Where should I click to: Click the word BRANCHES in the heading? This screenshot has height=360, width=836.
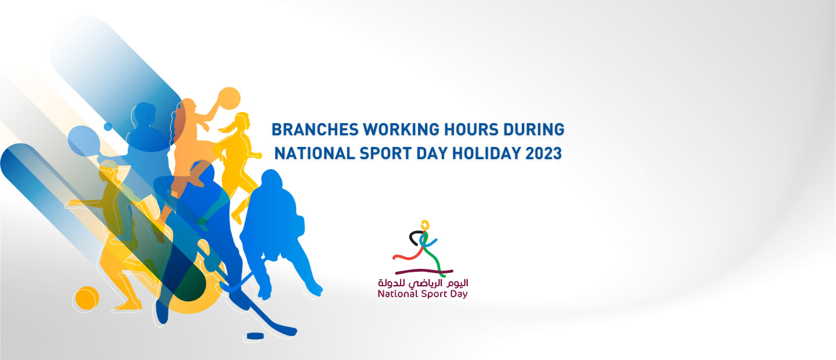315,129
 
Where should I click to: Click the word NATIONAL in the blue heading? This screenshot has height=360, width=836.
315,153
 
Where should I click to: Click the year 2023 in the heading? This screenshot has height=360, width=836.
544,153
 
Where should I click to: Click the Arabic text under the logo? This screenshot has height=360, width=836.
423,283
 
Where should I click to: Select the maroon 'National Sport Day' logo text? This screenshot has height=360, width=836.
423,294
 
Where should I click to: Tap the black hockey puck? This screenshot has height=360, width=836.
255,336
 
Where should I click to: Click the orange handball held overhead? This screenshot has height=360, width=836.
229,99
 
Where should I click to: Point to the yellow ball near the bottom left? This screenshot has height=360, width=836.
87,298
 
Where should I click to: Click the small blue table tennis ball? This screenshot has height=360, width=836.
108,126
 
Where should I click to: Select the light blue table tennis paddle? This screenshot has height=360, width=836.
84,141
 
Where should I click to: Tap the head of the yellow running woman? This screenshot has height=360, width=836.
242,121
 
